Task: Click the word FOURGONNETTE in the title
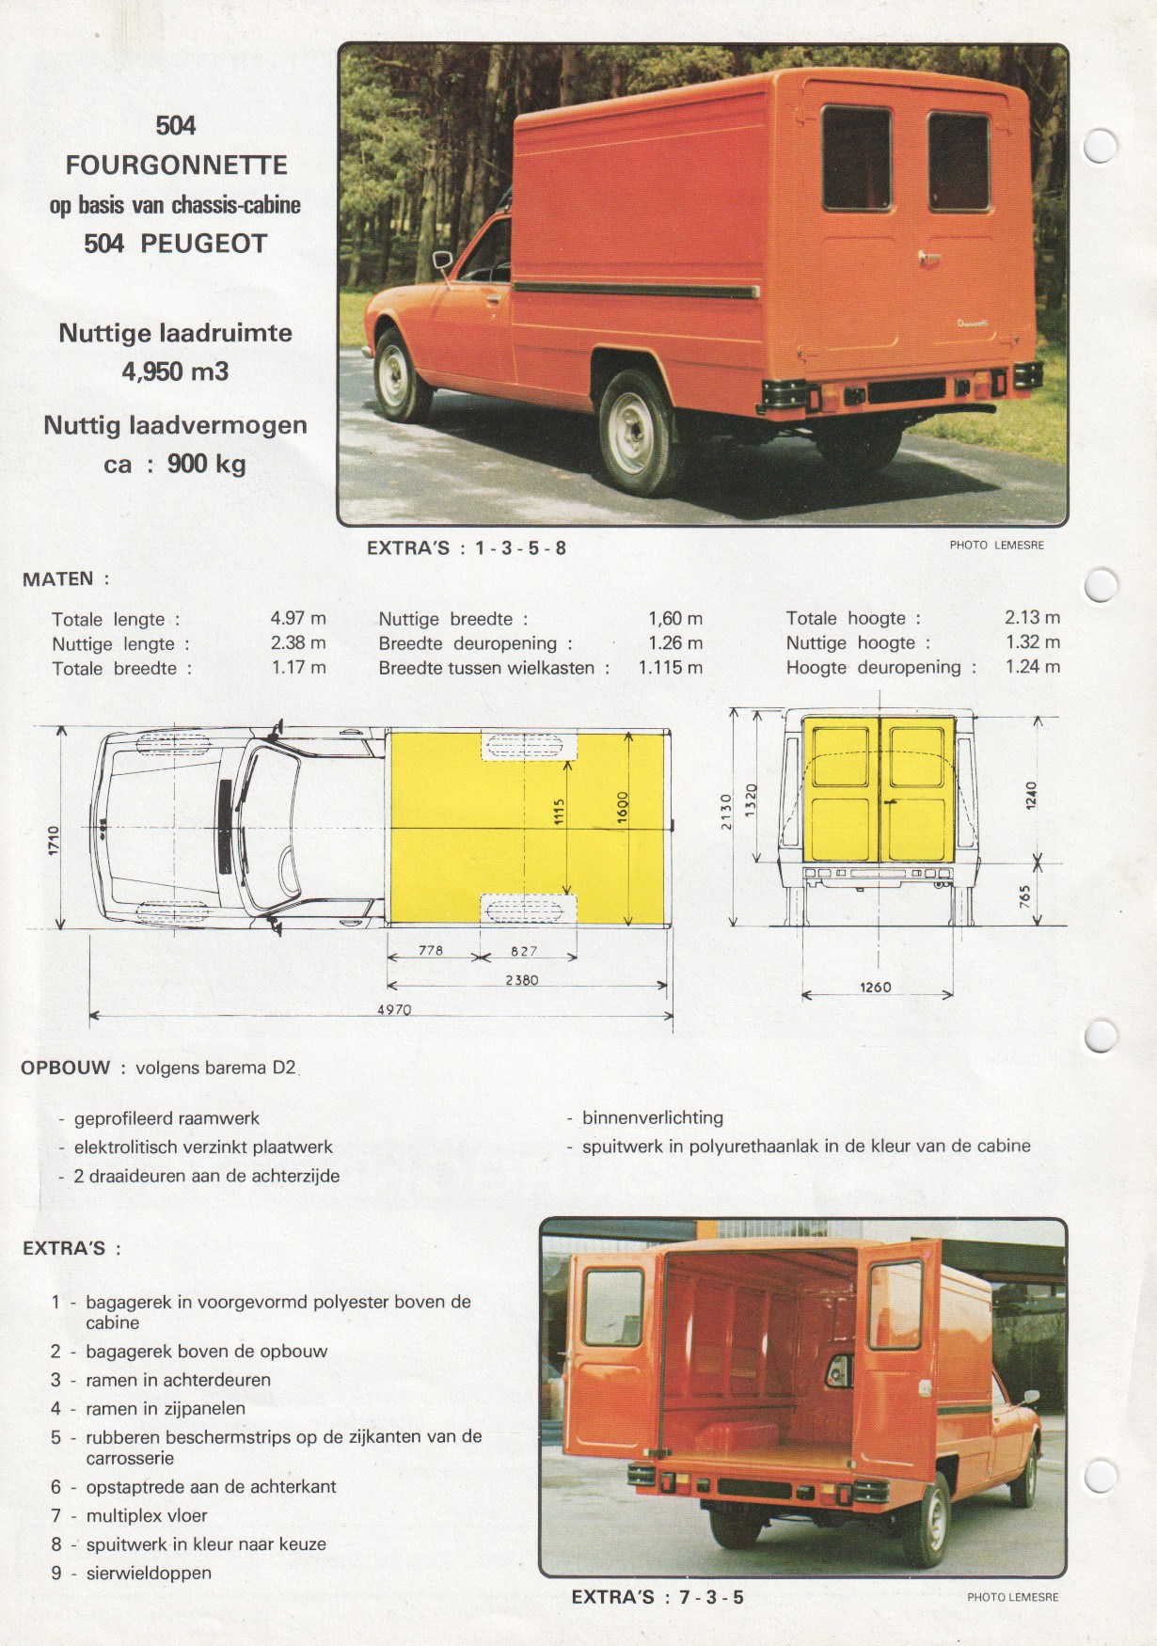176,166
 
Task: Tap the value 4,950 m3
175,372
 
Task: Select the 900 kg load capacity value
207,464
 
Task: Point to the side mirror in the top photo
442,261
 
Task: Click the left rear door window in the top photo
855,158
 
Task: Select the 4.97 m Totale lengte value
298,618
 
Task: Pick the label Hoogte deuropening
880,667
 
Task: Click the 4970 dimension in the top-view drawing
394,1010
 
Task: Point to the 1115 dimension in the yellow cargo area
559,815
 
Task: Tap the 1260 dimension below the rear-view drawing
875,987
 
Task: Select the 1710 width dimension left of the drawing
54,840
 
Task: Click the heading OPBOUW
66,1068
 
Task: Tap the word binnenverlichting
652,1117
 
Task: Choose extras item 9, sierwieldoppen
149,1573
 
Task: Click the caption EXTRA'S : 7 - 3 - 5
658,1596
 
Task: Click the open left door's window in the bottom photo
613,1307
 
